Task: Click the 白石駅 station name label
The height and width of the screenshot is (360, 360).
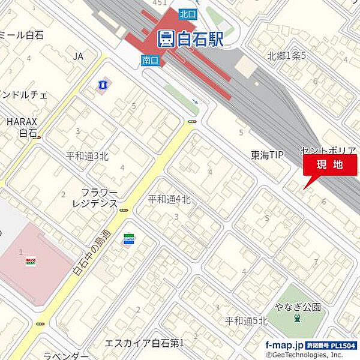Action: pyautogui.click(x=200, y=40)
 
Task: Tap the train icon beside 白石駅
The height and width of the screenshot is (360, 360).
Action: pyautogui.click(x=166, y=40)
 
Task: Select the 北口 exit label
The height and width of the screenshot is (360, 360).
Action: pyautogui.click(x=187, y=13)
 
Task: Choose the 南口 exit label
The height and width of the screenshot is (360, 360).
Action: pyautogui.click(x=150, y=59)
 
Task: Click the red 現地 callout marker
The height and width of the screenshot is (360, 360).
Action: pyautogui.click(x=329, y=165)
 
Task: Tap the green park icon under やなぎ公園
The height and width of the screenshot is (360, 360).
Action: pyautogui.click(x=297, y=319)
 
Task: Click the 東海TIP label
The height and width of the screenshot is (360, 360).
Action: pyautogui.click(x=267, y=155)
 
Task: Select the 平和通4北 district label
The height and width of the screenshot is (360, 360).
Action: pyautogui.click(x=169, y=200)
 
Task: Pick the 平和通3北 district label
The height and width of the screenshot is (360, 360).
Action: pyautogui.click(x=87, y=156)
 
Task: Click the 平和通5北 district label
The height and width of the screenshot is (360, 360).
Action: pyautogui.click(x=246, y=321)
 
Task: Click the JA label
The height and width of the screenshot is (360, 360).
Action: pyautogui.click(x=78, y=56)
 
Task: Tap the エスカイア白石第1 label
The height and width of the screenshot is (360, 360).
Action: pyautogui.click(x=144, y=343)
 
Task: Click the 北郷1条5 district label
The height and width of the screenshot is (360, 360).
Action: pyautogui.click(x=287, y=56)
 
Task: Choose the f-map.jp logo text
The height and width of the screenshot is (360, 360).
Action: pyautogui.click(x=284, y=345)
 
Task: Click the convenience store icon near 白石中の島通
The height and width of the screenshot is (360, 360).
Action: pyautogui.click(x=128, y=239)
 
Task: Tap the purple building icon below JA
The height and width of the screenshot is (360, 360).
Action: pyautogui.click(x=103, y=85)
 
